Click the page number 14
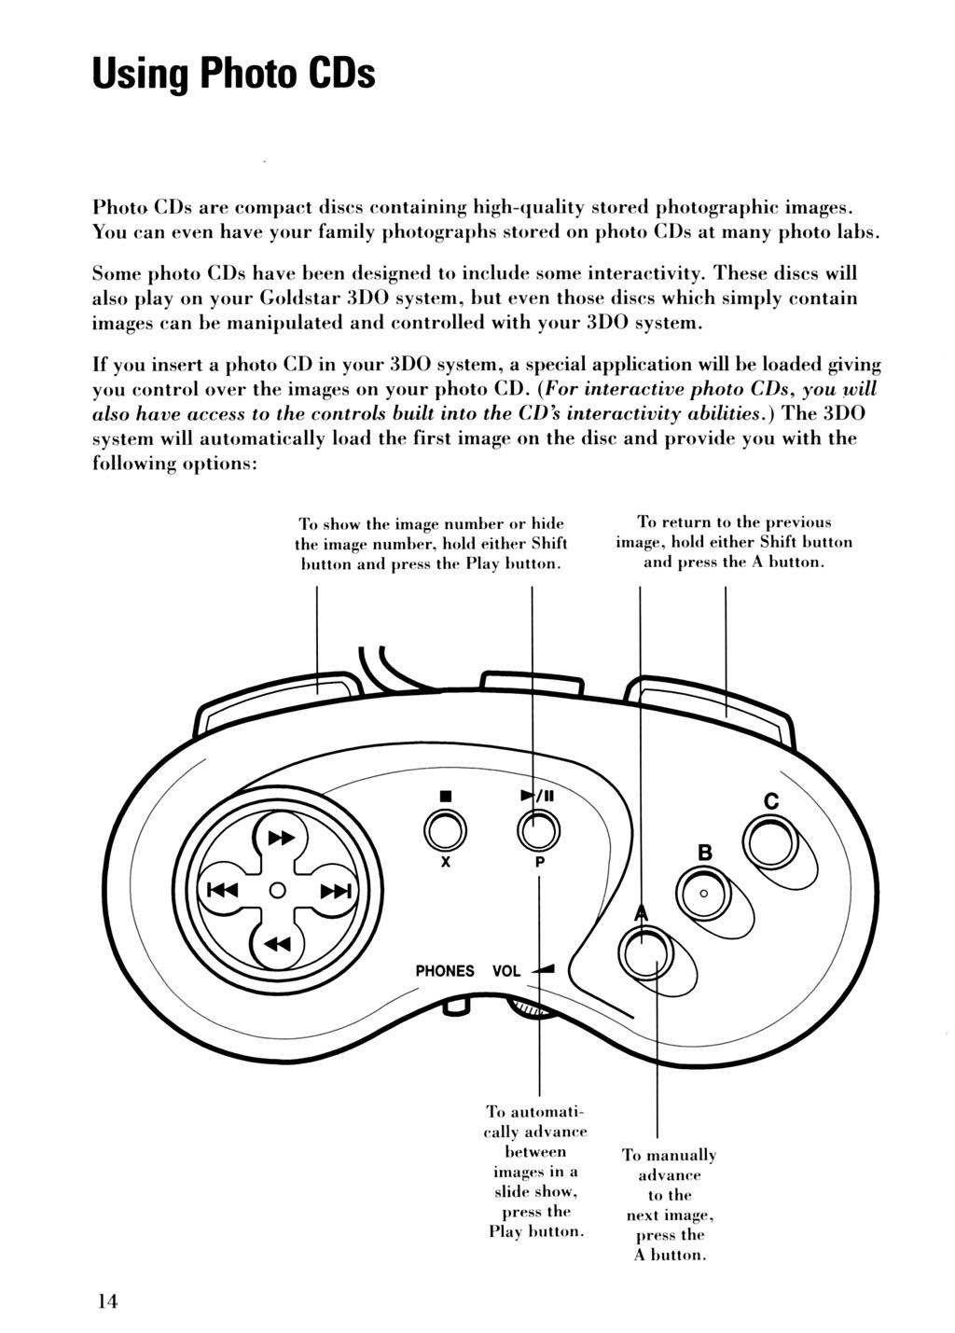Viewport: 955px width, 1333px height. pos(106,1302)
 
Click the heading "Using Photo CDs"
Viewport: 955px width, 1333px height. pos(233,72)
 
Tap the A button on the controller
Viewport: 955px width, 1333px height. pos(649,952)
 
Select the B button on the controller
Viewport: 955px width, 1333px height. pos(704,892)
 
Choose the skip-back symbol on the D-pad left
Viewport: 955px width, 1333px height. pos(222,892)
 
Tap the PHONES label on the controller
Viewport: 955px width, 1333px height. pos(444,971)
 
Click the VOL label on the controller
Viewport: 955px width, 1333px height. pos(506,971)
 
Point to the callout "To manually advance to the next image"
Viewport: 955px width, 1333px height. pos(669,1204)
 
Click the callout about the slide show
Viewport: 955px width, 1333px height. pos(536,1171)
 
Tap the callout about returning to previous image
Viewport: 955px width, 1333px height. pos(734,542)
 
